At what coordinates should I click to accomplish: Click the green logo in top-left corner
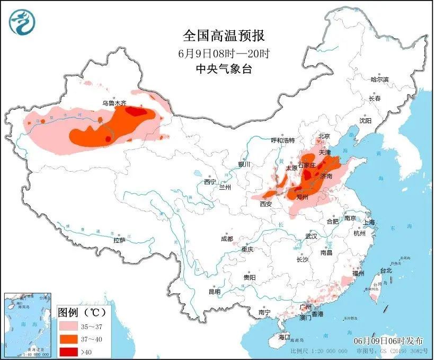(21, 21)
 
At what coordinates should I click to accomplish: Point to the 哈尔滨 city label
(379, 80)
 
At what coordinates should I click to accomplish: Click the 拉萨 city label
(119, 240)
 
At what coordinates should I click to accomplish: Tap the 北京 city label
(324, 136)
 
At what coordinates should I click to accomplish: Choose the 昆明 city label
(214, 292)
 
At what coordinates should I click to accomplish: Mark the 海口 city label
(284, 337)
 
